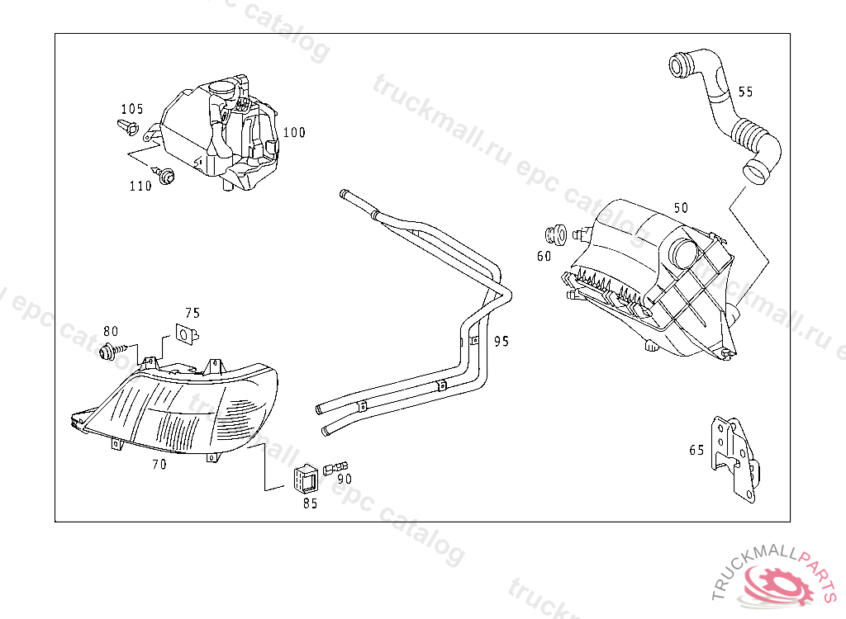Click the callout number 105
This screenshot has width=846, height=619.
[x=131, y=109]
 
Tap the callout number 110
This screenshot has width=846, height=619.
[x=140, y=186]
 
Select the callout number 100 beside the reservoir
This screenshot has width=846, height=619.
[x=294, y=132]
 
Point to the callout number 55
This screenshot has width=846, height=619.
[x=745, y=92]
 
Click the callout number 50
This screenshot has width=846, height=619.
[x=681, y=208]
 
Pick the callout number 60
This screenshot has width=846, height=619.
[x=544, y=256]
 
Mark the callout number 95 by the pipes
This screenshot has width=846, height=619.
[x=501, y=341]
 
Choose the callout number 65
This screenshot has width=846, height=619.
[x=696, y=450]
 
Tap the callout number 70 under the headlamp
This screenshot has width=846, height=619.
[x=159, y=464]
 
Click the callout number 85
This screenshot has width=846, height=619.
[x=311, y=503]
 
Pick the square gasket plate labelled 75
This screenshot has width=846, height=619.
[x=187, y=334]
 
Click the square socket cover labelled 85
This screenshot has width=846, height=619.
[x=306, y=478]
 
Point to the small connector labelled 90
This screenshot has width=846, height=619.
[x=335, y=467]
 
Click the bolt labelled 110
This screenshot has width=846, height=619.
[x=164, y=175]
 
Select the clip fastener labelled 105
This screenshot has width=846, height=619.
[x=128, y=127]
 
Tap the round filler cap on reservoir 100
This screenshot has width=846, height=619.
[x=221, y=87]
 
